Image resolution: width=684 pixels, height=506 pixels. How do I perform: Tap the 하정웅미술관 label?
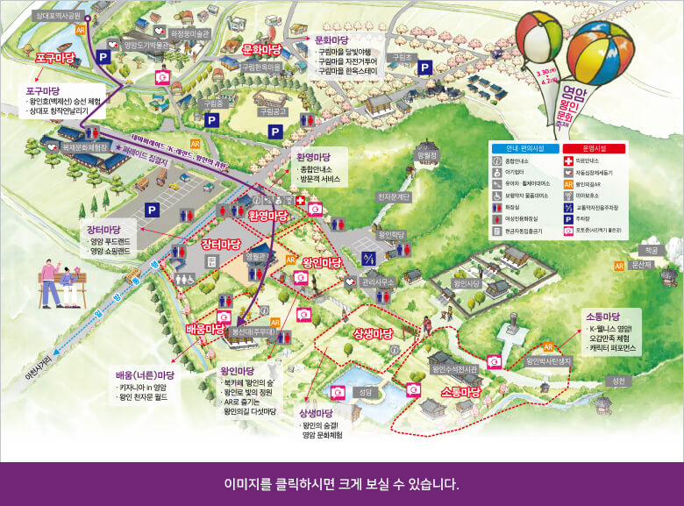pos(190,33)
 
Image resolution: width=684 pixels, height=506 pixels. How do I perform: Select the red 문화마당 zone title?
pos(260,49)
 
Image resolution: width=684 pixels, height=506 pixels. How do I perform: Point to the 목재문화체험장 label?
pos(84,147)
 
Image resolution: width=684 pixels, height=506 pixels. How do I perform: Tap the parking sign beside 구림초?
pos(424,68)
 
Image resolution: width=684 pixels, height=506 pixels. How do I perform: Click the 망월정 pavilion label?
pos(427,154)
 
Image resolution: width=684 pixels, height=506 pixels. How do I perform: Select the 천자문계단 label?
pos(393,196)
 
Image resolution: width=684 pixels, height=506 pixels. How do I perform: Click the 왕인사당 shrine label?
pos(467,284)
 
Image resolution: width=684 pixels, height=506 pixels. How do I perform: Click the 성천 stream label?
pos(619,380)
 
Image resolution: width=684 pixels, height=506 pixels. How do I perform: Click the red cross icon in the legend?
pos(567,161)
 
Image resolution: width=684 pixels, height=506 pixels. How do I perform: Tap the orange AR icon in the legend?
pos(567,184)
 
